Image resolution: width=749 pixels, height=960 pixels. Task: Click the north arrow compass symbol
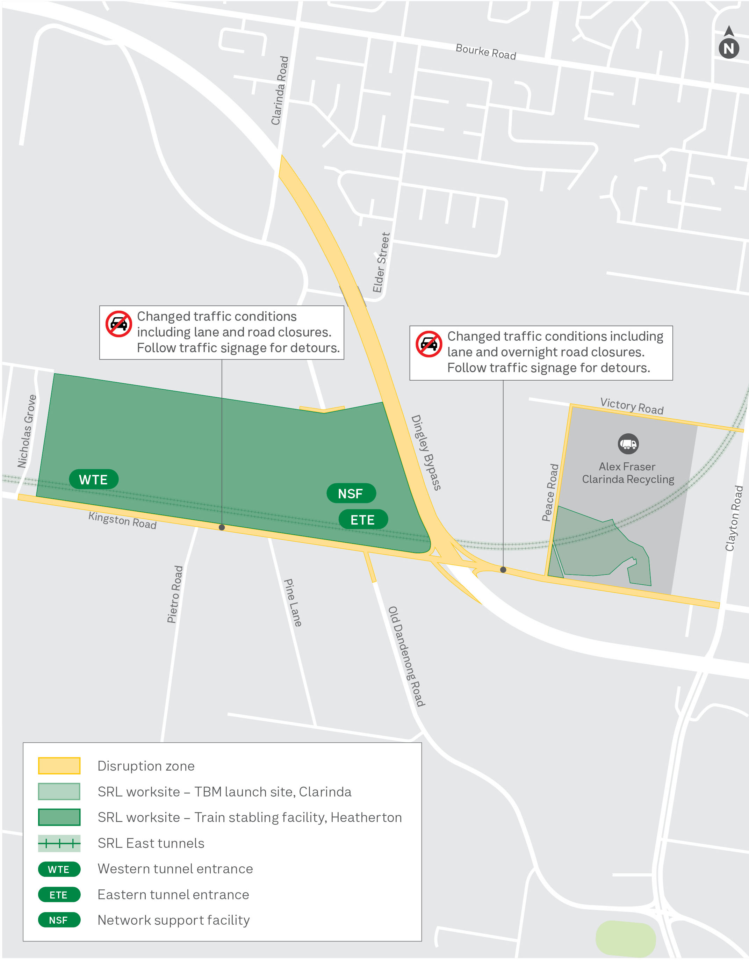(x=728, y=43)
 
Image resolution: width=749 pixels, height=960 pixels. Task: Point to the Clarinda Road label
(x=280, y=90)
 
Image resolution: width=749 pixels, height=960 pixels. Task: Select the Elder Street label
(x=381, y=262)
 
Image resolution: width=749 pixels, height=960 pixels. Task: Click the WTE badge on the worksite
(x=93, y=479)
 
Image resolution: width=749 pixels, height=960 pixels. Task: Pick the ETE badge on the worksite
(x=363, y=520)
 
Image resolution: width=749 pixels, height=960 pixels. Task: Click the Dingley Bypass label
(x=425, y=452)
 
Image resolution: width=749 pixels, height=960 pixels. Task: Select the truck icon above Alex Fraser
(x=628, y=443)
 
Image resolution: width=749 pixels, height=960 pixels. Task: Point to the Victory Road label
(x=632, y=406)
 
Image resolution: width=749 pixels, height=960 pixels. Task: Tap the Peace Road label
(x=550, y=492)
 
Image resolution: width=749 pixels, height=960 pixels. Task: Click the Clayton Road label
(x=734, y=518)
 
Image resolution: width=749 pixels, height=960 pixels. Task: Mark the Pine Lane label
(x=292, y=602)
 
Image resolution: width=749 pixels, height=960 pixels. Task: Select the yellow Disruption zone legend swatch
(x=59, y=765)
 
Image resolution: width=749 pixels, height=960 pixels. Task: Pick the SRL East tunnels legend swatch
(x=59, y=843)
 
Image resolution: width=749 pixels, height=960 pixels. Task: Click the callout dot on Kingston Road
(x=222, y=527)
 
